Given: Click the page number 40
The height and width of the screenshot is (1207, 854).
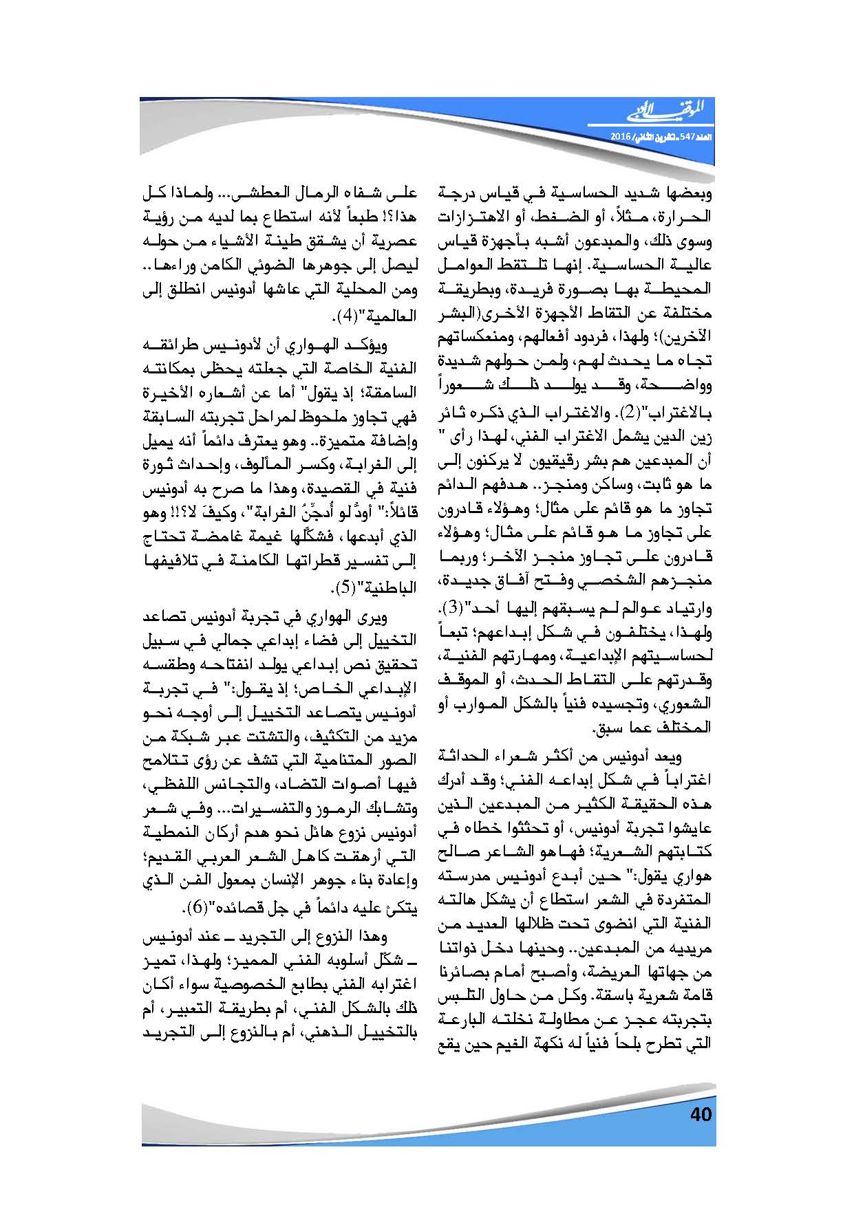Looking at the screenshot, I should [x=700, y=1113].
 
